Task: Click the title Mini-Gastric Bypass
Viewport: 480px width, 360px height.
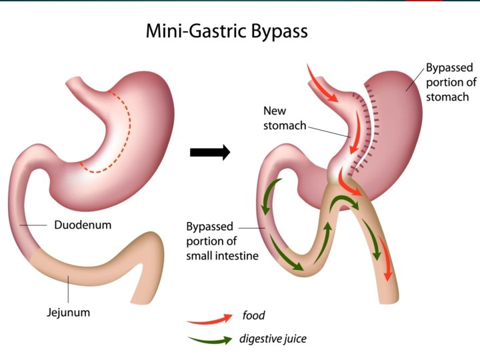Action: [227, 31]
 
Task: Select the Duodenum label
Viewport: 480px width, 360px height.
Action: [83, 225]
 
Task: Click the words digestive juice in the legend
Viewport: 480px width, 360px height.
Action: [273, 339]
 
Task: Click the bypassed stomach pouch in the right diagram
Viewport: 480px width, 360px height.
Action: [400, 133]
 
